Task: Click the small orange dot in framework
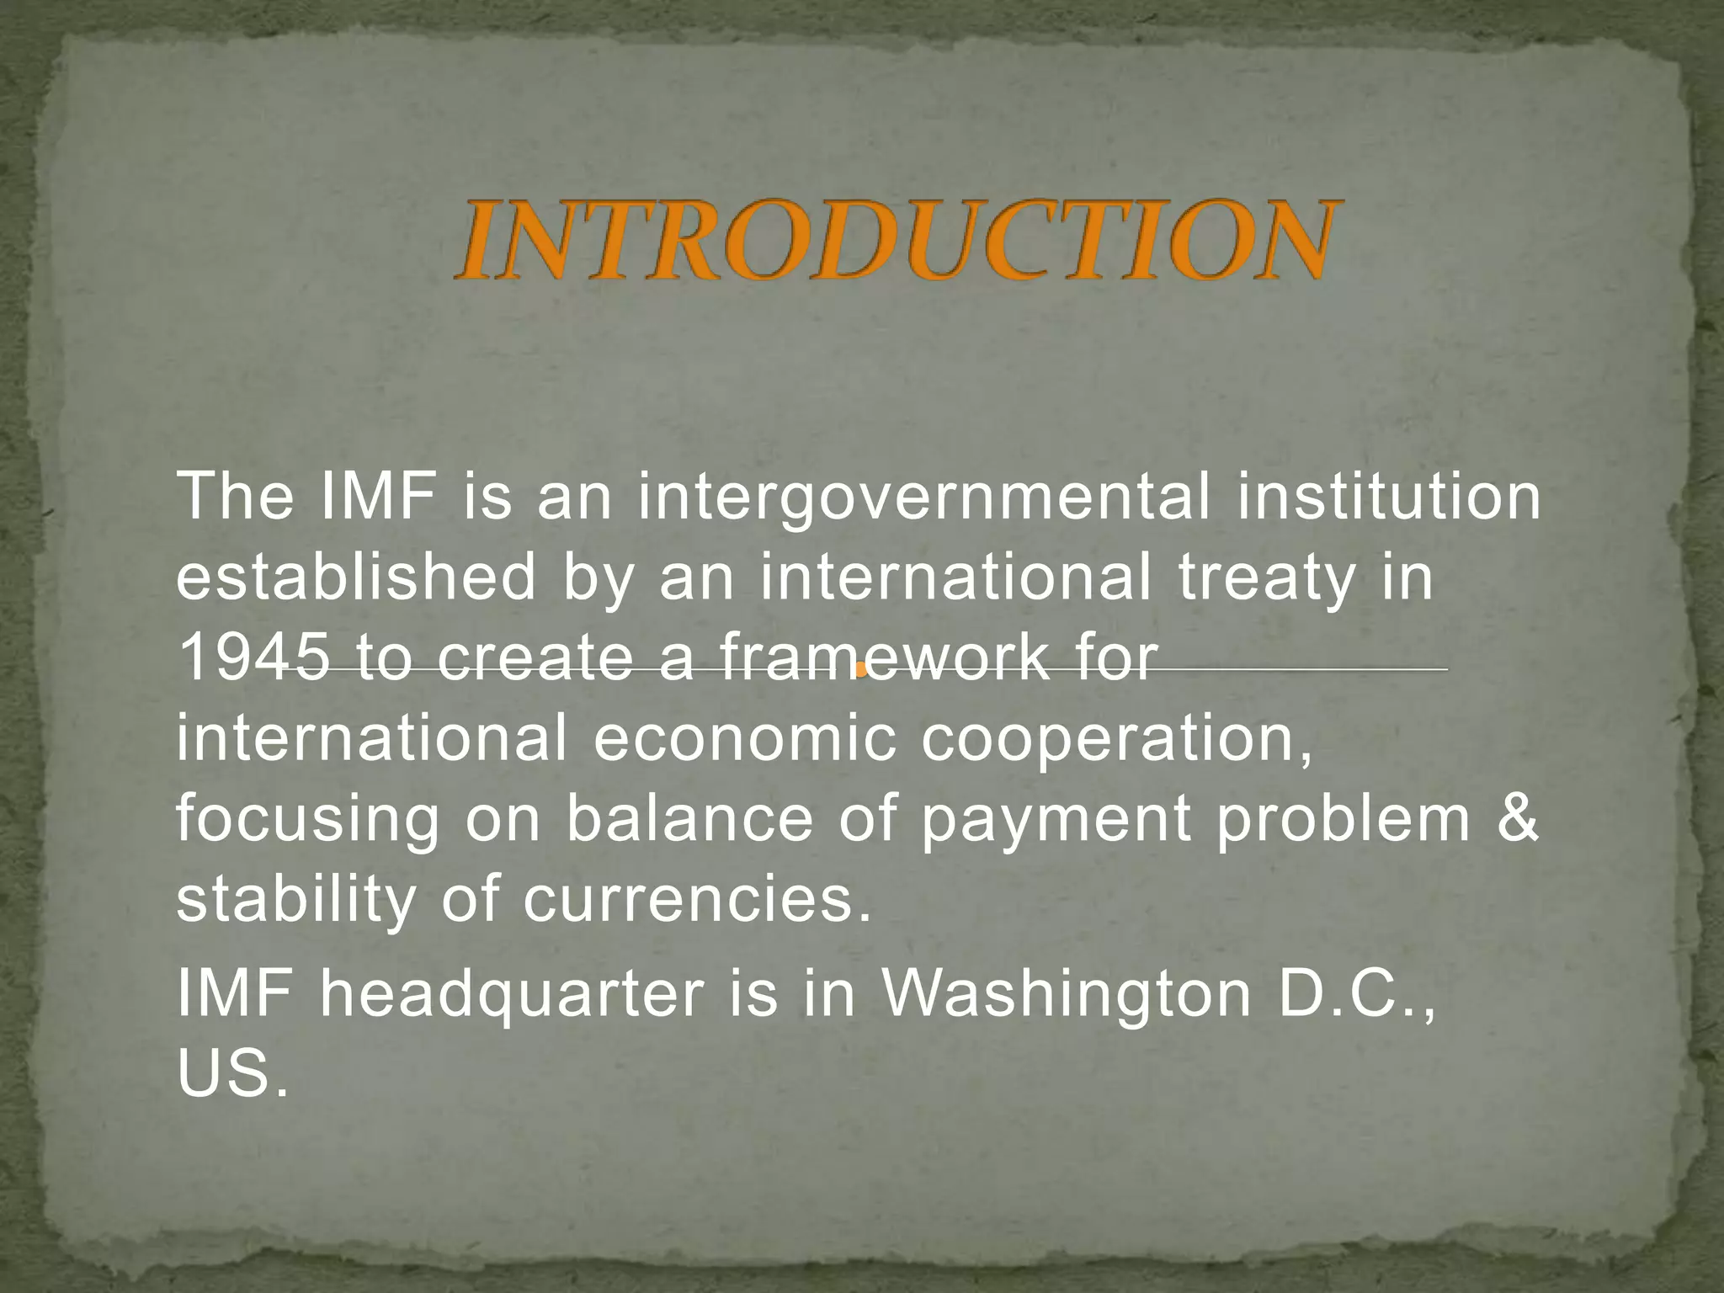(x=860, y=671)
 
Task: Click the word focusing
(x=307, y=821)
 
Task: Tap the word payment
(x=1056, y=821)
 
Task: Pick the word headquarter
(x=512, y=993)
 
